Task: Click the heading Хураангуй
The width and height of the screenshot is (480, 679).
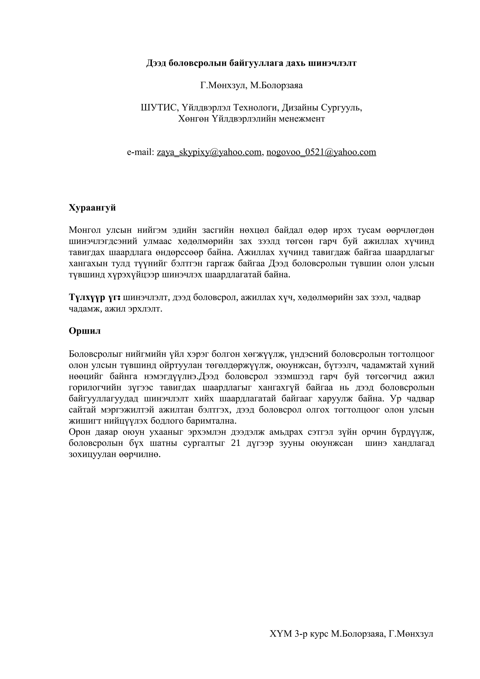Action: pyautogui.click(x=92, y=208)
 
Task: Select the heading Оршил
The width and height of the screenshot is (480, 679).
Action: pyautogui.click(x=85, y=331)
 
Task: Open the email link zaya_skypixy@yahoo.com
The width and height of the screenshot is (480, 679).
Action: pyautogui.click(x=209, y=152)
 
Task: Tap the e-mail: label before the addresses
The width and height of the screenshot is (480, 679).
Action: pyautogui.click(x=140, y=152)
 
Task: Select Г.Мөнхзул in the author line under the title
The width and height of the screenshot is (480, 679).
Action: pyautogui.click(x=223, y=86)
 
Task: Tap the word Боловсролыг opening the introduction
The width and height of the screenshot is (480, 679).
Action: pyautogui.click(x=96, y=354)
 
